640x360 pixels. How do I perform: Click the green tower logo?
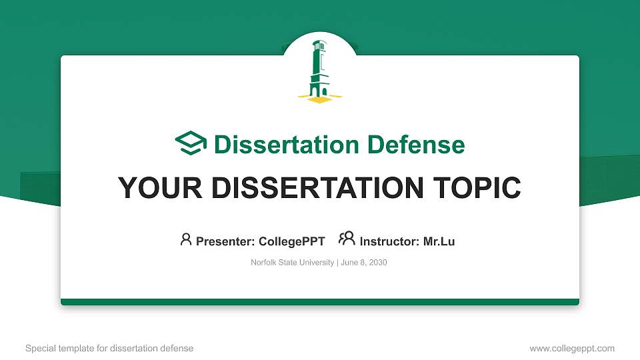(319, 70)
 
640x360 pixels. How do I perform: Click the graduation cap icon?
(191, 144)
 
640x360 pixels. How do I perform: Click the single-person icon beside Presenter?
(186, 239)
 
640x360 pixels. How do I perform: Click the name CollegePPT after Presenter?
(292, 241)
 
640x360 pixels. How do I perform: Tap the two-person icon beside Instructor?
(347, 239)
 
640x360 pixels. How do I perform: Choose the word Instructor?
(389, 241)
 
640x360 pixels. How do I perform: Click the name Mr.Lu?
(439, 241)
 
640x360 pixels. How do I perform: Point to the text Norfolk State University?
(293, 263)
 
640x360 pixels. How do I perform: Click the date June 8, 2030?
(364, 263)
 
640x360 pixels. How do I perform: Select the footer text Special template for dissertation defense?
(109, 348)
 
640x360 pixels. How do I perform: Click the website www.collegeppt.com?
(572, 348)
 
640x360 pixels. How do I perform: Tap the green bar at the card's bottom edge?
(320, 302)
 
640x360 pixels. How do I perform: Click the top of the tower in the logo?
(319, 44)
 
